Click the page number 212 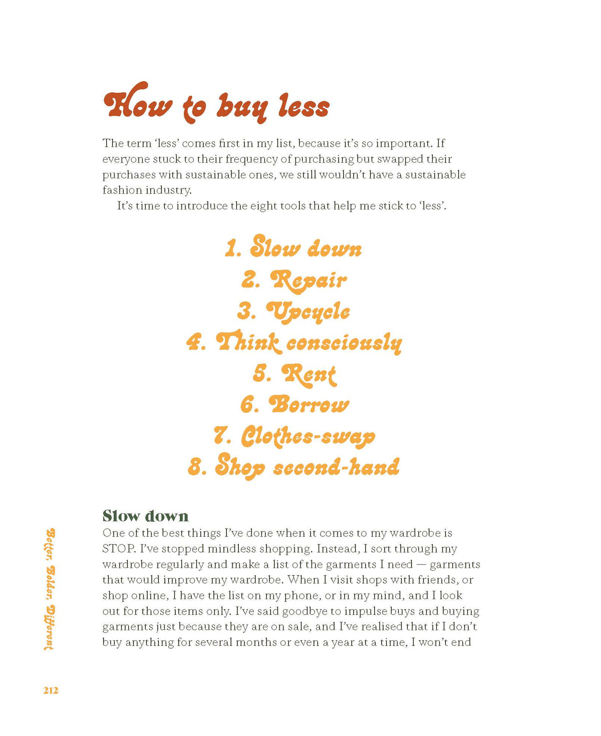point(51,690)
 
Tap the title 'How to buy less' point(216,104)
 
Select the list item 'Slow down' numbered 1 point(293,248)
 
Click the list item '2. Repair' point(294,280)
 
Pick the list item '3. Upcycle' point(293,311)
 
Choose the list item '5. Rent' point(294,374)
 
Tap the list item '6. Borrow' point(294,405)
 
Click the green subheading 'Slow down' point(145,516)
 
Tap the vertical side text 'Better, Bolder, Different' point(50,589)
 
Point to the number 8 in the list point(195,467)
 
